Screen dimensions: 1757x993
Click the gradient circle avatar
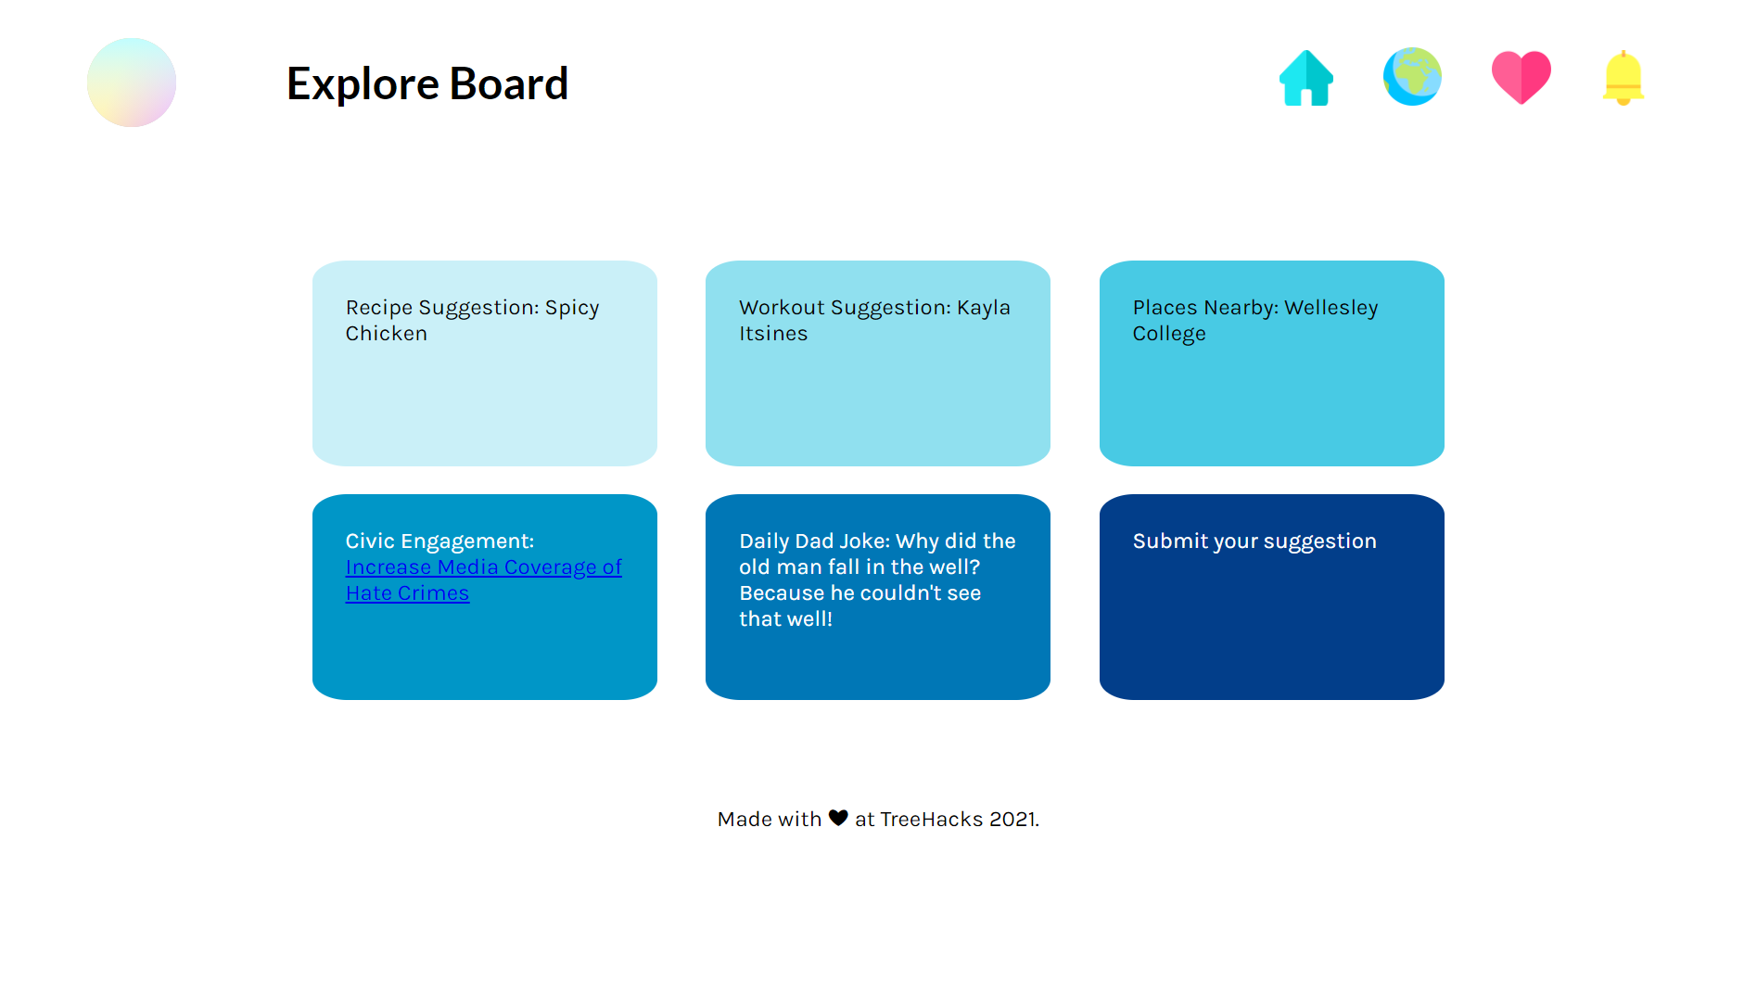click(132, 83)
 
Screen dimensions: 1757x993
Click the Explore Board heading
click(427, 83)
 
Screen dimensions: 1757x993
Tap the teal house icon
click(1306, 78)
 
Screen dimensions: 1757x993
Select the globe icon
click(1412, 77)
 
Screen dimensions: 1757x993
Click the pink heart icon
click(1521, 77)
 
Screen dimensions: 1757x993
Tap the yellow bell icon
click(1623, 78)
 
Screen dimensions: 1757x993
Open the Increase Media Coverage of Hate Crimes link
click(483, 579)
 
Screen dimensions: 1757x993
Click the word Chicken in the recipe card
click(387, 334)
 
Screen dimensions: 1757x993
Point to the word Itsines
click(773, 334)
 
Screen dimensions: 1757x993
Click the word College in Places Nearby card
click(1169, 334)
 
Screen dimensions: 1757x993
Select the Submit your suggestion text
click(1254, 541)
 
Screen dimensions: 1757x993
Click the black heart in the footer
click(838, 818)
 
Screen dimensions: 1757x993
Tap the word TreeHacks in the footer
click(931, 820)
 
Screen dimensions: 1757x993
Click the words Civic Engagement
click(440, 541)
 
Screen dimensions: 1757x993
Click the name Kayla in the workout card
click(984, 308)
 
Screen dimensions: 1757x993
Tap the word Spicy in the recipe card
click(572, 308)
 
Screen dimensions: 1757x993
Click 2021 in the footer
click(1013, 820)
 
